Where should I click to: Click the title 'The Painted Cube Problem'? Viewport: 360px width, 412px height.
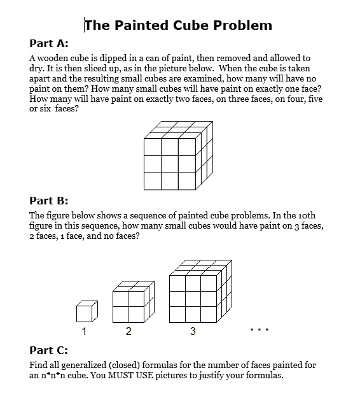[x=178, y=25]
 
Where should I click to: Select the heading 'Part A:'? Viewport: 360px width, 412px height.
[x=48, y=43]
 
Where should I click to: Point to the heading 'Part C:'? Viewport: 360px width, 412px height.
[x=48, y=350]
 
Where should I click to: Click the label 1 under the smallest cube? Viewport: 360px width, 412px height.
[x=84, y=332]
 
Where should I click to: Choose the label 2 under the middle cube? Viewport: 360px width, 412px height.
[x=128, y=332]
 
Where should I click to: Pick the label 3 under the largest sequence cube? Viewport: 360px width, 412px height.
[x=193, y=332]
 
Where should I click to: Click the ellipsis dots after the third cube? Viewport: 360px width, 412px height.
[x=260, y=330]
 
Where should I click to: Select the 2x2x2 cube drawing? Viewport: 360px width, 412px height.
[x=132, y=302]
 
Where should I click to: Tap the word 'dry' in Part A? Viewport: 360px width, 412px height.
[x=37, y=68]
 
